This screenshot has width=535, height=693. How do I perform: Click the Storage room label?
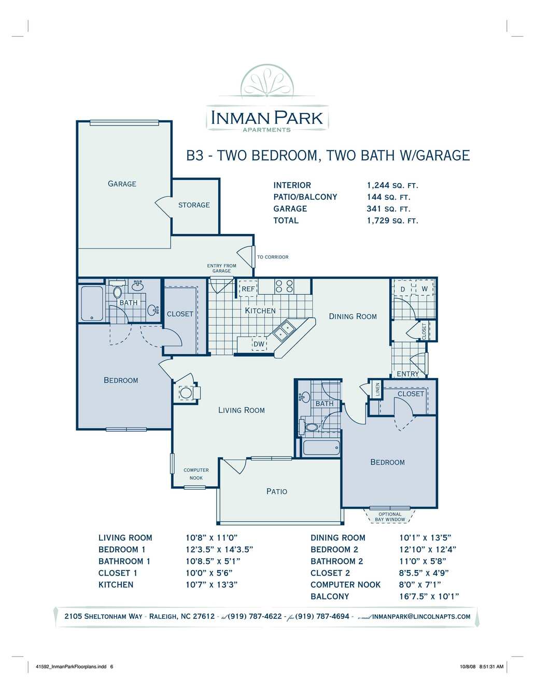pyautogui.click(x=194, y=205)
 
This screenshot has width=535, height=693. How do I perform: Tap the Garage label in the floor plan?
pyautogui.click(x=122, y=184)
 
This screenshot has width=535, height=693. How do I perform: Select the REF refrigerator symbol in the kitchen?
pyautogui.click(x=248, y=288)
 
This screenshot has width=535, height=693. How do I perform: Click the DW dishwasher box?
pyautogui.click(x=259, y=344)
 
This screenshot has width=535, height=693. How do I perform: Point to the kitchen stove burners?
pyautogui.click(x=284, y=286)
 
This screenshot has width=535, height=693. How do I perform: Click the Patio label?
pyautogui.click(x=277, y=491)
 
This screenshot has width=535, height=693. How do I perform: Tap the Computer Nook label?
pyautogui.click(x=196, y=474)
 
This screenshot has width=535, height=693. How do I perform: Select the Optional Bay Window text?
pyautogui.click(x=390, y=517)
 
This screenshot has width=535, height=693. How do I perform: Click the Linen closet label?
pyautogui.click(x=378, y=390)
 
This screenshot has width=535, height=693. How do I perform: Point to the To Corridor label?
pyautogui.click(x=273, y=257)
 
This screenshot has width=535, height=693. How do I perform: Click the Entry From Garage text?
pyautogui.click(x=221, y=268)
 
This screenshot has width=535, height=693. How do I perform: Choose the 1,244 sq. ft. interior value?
pyautogui.click(x=392, y=185)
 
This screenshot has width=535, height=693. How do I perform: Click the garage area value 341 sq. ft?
pyautogui.click(x=389, y=209)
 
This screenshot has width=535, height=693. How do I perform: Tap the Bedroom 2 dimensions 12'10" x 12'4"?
pyautogui.click(x=428, y=549)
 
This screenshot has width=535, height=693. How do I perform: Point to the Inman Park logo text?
pyautogui.click(x=267, y=118)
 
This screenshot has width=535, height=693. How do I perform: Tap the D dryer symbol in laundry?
pyautogui.click(x=403, y=289)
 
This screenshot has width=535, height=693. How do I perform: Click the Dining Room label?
pyautogui.click(x=353, y=316)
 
